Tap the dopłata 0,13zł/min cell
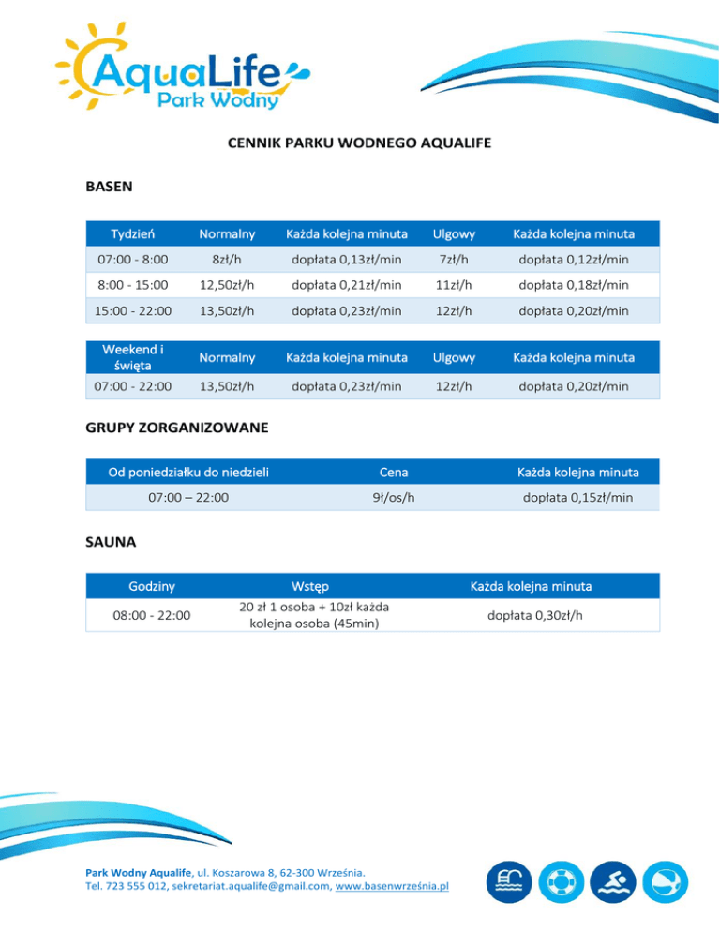(346, 259)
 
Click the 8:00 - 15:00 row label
(133, 284)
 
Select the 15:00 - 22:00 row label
(133, 310)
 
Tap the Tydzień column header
(133, 233)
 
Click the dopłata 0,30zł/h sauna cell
(531, 615)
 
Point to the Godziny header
(151, 586)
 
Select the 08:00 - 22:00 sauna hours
(151, 615)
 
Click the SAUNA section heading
(111, 542)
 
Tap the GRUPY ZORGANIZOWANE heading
(177, 428)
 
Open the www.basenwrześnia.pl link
(394, 885)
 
